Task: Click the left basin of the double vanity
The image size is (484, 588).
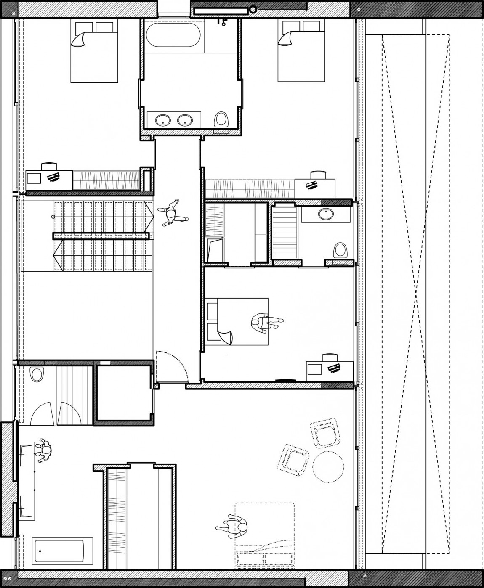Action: click(x=162, y=121)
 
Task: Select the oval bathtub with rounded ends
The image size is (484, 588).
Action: click(x=173, y=35)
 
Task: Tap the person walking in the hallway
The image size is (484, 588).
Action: click(x=172, y=213)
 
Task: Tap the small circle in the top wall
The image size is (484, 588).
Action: click(x=253, y=8)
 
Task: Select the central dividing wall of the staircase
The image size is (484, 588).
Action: click(x=101, y=236)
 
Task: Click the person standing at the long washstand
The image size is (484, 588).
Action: click(x=44, y=451)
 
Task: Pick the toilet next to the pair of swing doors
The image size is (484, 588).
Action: click(x=37, y=373)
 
